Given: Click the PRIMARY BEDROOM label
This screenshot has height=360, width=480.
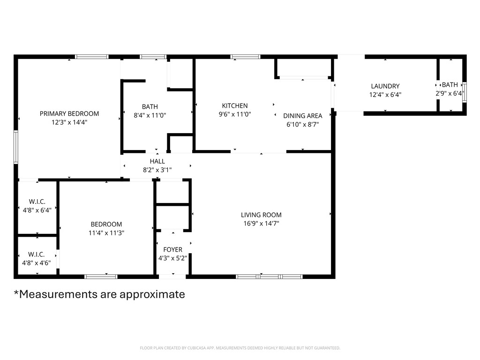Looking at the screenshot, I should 69,113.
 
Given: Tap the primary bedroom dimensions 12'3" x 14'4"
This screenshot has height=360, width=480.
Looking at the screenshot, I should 69,122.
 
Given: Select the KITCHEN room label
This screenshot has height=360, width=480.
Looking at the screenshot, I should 235,105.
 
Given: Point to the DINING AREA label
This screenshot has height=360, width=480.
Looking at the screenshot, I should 302,116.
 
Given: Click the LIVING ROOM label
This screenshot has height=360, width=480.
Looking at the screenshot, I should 261,215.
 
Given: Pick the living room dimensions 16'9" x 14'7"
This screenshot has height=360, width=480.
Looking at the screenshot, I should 261,223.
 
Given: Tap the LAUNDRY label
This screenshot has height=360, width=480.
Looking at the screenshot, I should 385,86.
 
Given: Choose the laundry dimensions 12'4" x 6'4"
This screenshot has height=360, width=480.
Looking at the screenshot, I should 385,94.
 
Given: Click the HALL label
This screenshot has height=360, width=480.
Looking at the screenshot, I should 157,161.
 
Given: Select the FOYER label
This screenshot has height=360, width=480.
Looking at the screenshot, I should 172,249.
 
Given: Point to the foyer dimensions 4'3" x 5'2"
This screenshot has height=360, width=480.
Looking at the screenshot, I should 172,258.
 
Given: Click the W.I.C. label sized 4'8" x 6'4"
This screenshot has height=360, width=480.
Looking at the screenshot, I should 37,202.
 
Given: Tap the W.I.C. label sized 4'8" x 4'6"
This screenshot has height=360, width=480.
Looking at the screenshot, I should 37,254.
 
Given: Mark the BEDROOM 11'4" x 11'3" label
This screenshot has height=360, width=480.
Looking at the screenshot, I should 106,224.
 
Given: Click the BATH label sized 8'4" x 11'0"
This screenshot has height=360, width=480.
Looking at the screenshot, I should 150,106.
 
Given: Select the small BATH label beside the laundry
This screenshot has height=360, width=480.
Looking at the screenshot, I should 450,85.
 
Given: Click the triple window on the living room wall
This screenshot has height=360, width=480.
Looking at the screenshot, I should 269,277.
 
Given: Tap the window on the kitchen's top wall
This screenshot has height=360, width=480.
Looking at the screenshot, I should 245,57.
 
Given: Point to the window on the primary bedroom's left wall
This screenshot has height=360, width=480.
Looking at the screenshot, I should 15,147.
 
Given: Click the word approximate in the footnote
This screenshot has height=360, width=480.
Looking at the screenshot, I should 152,294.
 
